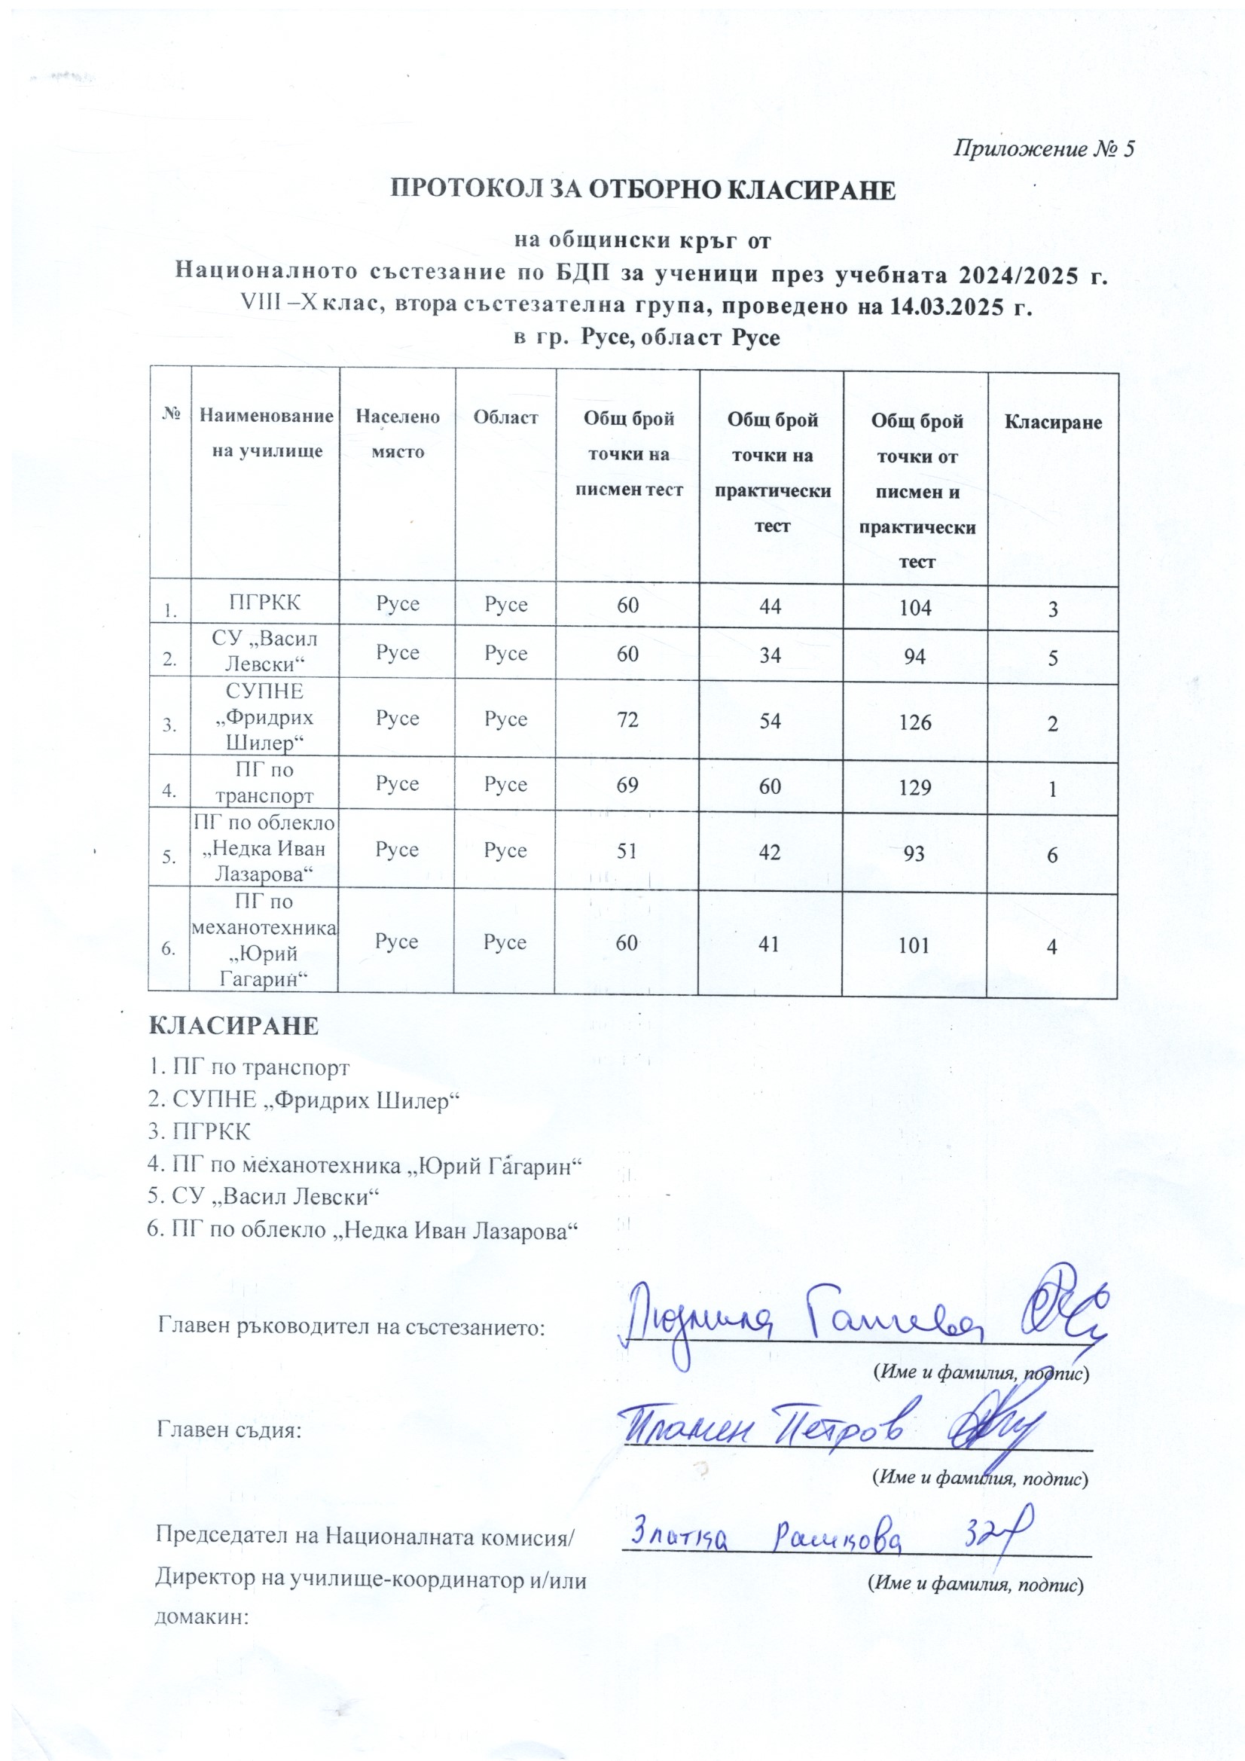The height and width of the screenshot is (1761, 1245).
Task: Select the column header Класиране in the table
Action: [1052, 422]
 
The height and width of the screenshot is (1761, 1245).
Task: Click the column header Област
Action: [505, 417]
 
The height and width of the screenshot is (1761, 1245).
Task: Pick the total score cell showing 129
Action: [914, 787]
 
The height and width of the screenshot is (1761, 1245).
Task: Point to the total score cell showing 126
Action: [914, 722]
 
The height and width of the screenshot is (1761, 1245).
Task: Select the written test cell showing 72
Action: [627, 719]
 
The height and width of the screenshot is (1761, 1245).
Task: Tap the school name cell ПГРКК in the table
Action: [264, 602]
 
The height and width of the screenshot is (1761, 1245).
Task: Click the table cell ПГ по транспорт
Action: [264, 783]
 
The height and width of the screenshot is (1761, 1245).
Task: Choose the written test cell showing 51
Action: [627, 850]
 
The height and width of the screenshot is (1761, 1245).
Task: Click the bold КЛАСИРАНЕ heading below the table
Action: [233, 1025]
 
